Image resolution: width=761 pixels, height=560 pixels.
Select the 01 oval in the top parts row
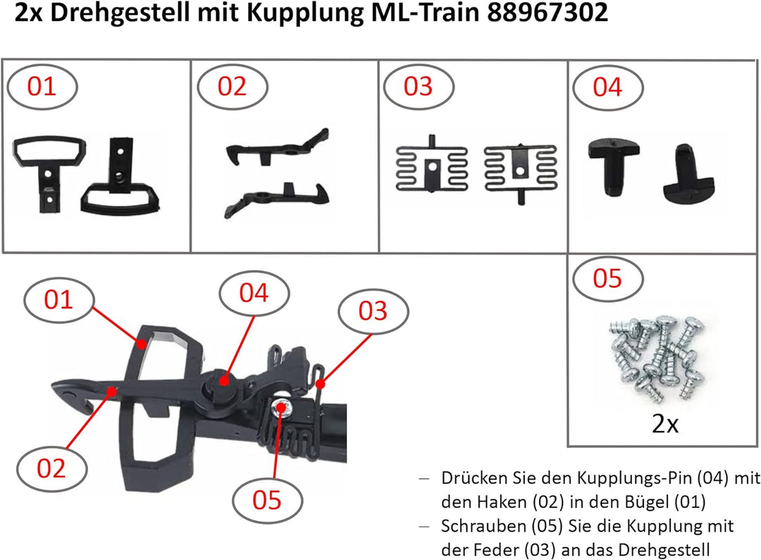[x=42, y=87]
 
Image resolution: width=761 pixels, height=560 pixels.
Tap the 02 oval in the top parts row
[x=233, y=87]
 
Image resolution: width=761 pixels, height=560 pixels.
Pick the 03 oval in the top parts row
[x=418, y=87]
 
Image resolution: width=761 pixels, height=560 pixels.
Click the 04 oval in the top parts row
[x=607, y=87]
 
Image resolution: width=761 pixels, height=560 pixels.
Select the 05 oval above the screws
[x=607, y=279]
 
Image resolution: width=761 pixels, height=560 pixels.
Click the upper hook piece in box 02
[x=277, y=147]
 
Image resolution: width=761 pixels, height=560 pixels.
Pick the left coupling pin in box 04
[x=615, y=164]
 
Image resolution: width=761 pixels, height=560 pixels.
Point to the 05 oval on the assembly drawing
[x=268, y=499]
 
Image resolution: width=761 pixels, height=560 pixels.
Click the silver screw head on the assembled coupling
[x=281, y=407]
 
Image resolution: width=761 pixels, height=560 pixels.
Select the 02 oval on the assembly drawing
[x=51, y=468]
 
